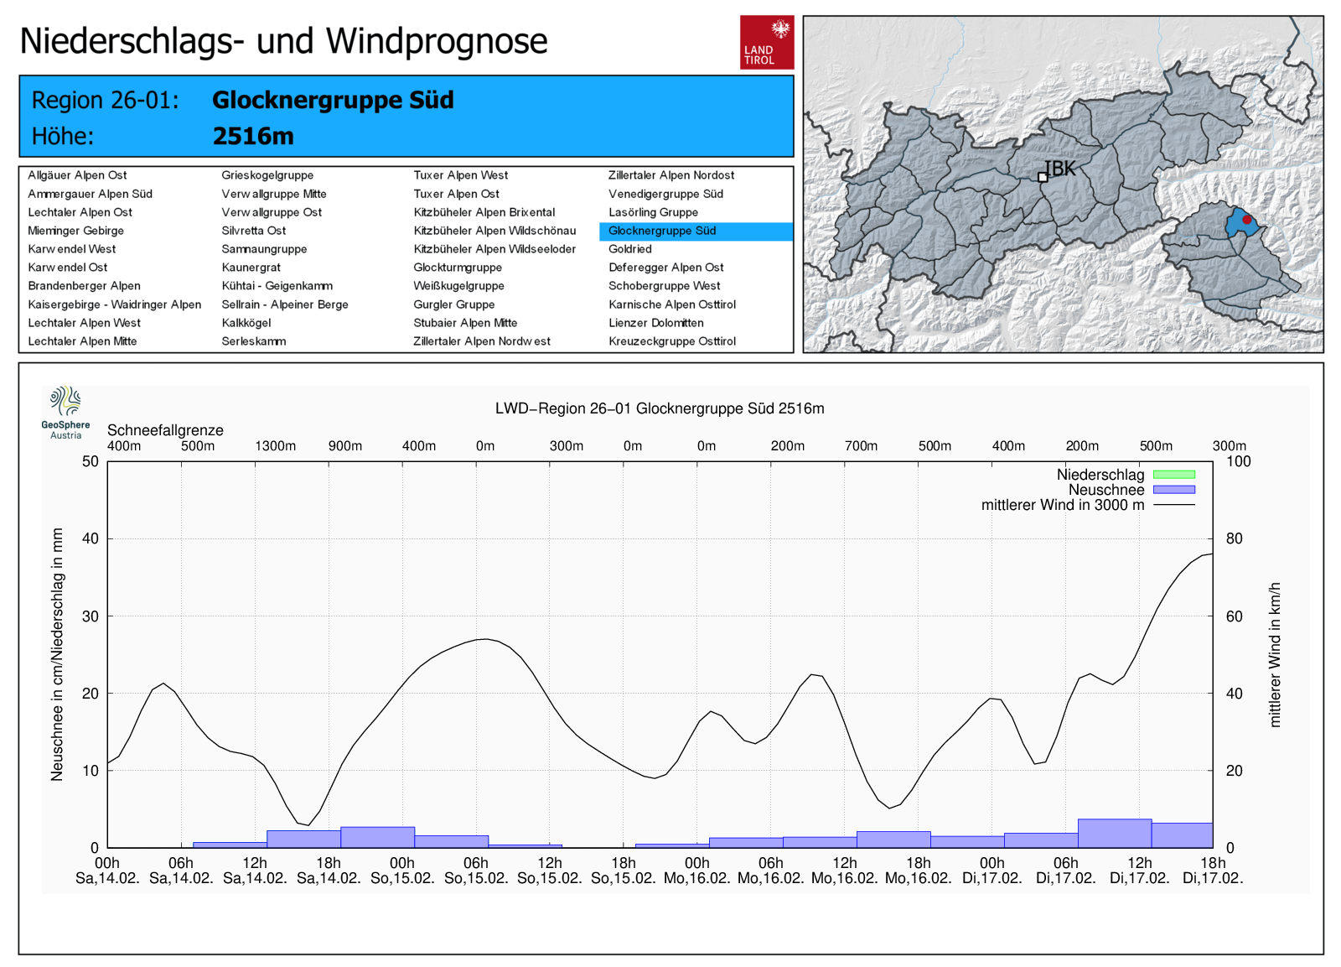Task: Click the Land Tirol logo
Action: click(x=766, y=42)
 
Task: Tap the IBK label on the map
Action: click(x=1059, y=169)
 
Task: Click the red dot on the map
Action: click(x=1246, y=220)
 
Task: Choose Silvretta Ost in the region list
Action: click(x=254, y=231)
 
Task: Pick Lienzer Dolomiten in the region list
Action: click(x=656, y=323)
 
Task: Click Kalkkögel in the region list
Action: click(x=246, y=323)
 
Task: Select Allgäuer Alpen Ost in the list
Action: click(x=77, y=175)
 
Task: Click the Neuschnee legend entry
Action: click(x=1106, y=490)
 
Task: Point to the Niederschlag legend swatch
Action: click(x=1173, y=475)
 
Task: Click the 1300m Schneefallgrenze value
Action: click(x=276, y=446)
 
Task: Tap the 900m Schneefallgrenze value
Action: click(x=345, y=446)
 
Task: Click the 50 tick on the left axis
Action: click(x=91, y=461)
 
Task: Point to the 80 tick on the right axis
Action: click(x=1234, y=538)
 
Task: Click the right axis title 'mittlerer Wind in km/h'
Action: click(x=1275, y=654)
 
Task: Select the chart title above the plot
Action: click(x=660, y=408)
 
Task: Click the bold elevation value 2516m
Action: click(x=253, y=136)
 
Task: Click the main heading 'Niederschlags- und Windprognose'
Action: click(x=283, y=40)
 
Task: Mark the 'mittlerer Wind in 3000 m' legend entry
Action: click(x=1062, y=505)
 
